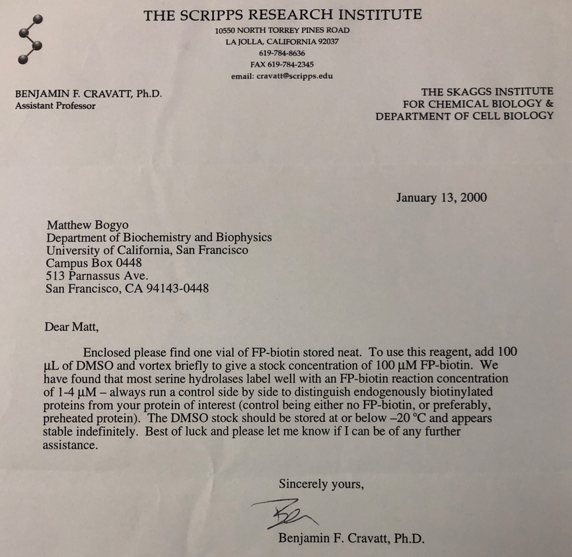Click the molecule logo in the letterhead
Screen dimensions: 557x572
[x=30, y=40]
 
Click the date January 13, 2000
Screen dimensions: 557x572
[x=441, y=198]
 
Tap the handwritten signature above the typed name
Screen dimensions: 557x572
[x=285, y=513]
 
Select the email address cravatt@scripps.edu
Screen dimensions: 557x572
[x=282, y=76]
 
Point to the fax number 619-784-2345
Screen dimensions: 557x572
[x=282, y=65]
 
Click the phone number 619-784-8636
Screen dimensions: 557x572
[x=282, y=53]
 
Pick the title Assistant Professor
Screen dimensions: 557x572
[x=55, y=106]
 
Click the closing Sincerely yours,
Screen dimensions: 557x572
[x=321, y=484]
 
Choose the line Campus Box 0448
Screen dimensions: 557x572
[x=94, y=263]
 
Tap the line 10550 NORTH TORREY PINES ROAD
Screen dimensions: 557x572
[x=282, y=30]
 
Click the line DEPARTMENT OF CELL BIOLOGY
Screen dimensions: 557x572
[x=464, y=116]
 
